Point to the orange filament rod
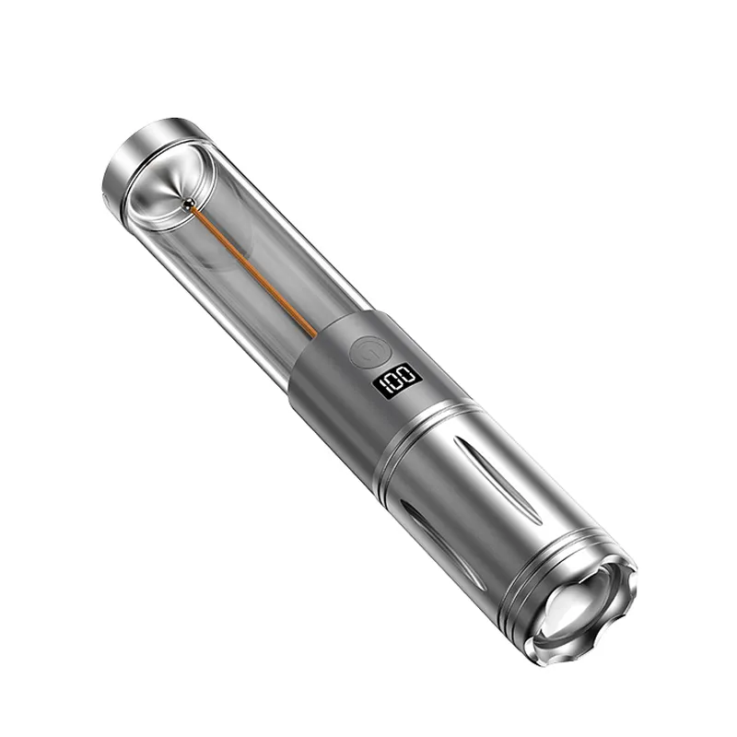point(254,273)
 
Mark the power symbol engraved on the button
point(371,354)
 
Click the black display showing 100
point(397,380)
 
